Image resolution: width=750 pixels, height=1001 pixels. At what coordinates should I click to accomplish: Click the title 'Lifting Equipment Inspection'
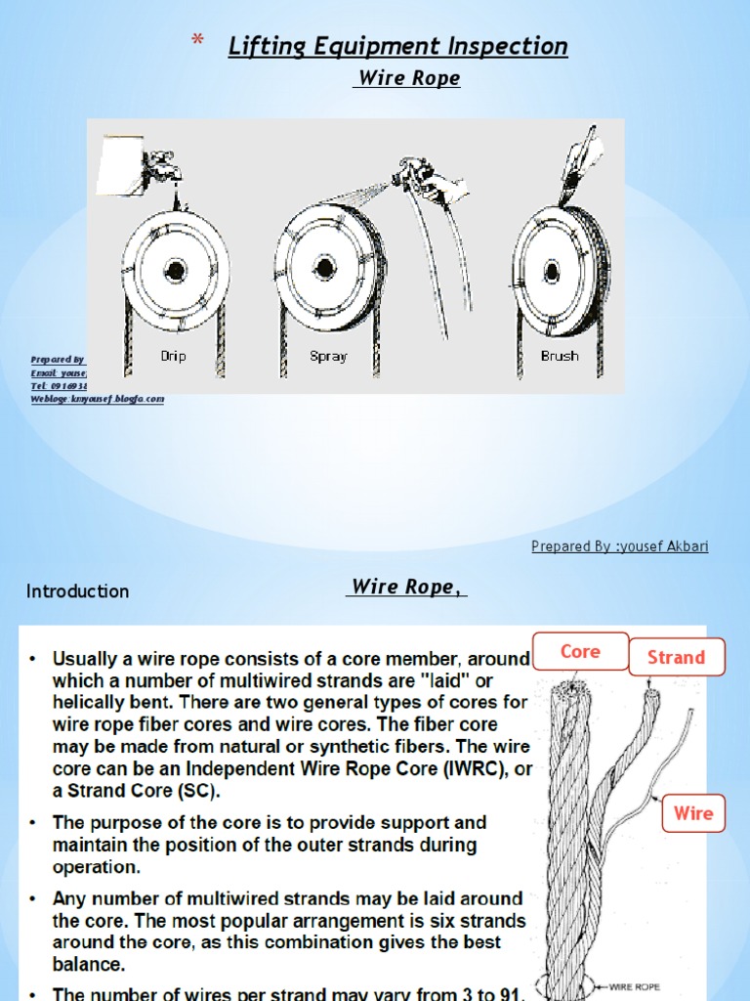[x=397, y=46]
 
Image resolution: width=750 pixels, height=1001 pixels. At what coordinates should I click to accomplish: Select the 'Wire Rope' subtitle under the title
[x=405, y=79]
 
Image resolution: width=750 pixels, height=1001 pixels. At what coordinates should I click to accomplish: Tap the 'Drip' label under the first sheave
[x=174, y=357]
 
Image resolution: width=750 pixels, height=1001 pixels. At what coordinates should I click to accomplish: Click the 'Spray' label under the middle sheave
[x=328, y=357]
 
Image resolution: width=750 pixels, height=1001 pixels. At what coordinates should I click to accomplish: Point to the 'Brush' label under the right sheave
[x=560, y=357]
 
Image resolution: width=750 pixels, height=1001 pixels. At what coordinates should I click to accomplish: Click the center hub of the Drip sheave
[x=175, y=269]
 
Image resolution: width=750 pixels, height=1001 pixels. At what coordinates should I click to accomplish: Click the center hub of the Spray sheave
[x=324, y=267]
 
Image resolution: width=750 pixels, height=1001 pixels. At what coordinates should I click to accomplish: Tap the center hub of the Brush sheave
[x=552, y=271]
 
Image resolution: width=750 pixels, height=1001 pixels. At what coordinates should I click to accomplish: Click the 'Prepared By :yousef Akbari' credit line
[x=620, y=546]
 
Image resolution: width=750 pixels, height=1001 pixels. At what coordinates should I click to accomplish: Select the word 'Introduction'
[x=77, y=591]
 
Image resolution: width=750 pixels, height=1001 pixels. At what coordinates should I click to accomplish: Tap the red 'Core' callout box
[x=580, y=652]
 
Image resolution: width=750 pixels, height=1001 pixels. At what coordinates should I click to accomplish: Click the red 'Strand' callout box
[x=676, y=658]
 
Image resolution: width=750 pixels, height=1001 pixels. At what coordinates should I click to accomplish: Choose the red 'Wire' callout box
[x=693, y=813]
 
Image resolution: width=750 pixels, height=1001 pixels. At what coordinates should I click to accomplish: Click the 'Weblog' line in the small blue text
[x=97, y=399]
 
